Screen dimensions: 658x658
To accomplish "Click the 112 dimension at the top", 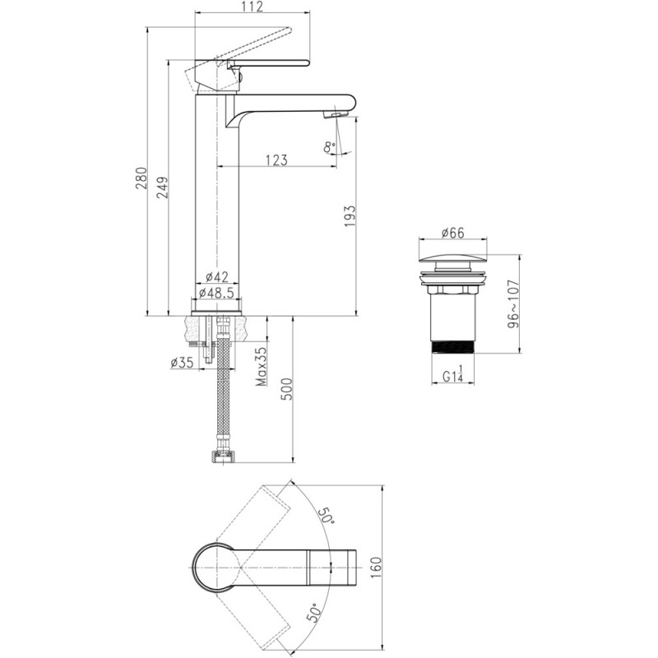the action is tap(253, 7).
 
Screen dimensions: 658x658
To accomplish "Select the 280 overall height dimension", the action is tap(141, 178).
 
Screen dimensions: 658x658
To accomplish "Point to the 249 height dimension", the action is tap(162, 188).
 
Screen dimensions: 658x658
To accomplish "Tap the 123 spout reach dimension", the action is tap(276, 160).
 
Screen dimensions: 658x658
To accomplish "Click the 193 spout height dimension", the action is tap(350, 216).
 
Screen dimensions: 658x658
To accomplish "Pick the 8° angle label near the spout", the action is tap(330, 147).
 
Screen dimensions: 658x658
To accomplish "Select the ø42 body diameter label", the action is tap(217, 277).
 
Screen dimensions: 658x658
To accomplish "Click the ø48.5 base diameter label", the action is tap(216, 293).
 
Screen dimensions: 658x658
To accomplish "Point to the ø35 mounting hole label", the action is tap(182, 362).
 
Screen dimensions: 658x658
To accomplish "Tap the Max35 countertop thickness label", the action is tap(262, 366).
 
